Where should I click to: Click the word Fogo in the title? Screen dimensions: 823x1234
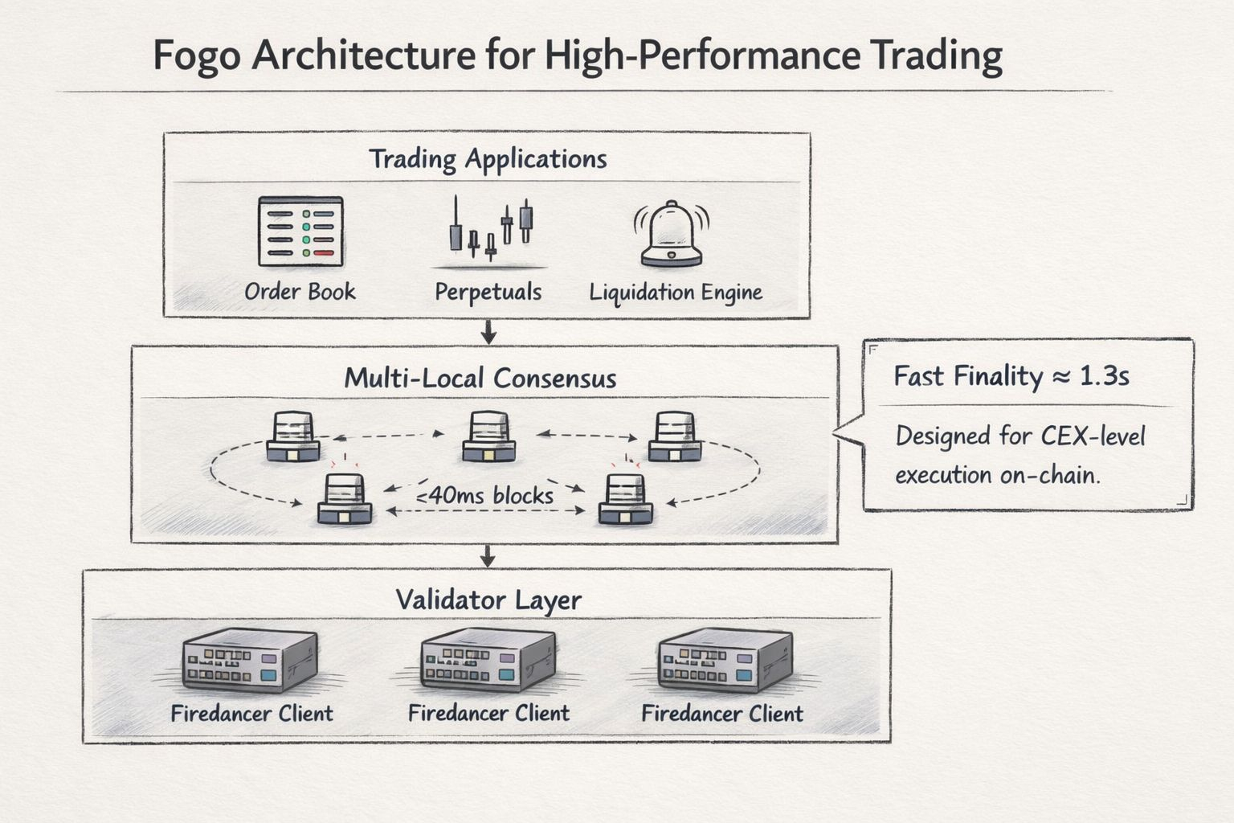point(197,56)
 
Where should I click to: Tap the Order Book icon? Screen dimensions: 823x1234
point(300,231)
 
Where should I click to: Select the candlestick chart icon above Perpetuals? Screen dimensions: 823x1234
point(490,229)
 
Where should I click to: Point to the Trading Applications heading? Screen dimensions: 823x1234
point(488,159)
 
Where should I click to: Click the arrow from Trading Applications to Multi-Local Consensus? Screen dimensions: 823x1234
point(488,331)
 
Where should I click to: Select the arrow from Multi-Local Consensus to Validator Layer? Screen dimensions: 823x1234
point(488,555)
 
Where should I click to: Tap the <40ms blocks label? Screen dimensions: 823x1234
point(485,495)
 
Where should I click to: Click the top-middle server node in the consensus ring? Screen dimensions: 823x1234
point(488,436)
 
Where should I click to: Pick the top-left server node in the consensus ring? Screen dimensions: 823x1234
point(292,436)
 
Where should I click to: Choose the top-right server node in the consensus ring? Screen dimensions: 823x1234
point(675,436)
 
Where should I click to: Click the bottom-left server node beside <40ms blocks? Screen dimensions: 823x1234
point(345,499)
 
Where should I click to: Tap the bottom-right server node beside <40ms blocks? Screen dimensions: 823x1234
point(626,499)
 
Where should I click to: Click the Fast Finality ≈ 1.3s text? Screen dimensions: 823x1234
point(1011,376)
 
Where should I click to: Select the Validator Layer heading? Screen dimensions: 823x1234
point(488,600)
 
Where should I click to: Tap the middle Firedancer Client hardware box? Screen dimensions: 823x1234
point(488,659)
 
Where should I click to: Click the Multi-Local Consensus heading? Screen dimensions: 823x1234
point(480,378)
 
